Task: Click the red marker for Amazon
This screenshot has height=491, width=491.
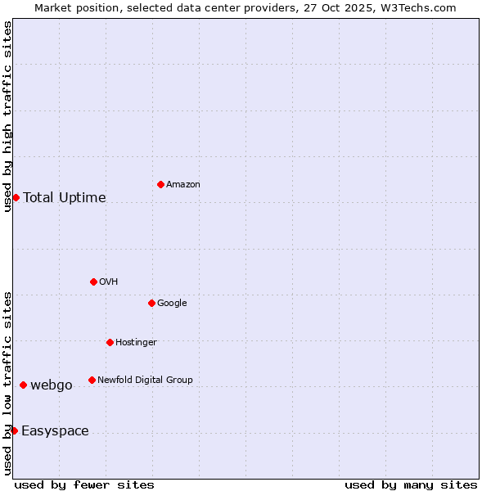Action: point(160,184)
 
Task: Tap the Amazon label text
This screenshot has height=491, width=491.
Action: point(183,185)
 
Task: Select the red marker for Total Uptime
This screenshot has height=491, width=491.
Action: point(16,197)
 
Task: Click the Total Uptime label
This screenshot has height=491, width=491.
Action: point(65,197)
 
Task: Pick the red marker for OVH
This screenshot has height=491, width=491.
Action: point(93,282)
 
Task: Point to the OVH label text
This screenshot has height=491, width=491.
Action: point(109,282)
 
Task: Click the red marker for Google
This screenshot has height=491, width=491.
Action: point(151,303)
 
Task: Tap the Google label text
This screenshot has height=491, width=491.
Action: point(172,304)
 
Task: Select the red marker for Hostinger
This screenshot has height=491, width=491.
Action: point(110,342)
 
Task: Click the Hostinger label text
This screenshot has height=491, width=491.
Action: point(136,343)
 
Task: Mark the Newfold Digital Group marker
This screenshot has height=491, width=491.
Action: point(92,380)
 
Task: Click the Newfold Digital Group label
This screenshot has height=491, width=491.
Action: point(145,381)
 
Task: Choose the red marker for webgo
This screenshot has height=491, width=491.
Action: point(23,385)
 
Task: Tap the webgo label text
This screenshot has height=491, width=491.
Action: point(52,385)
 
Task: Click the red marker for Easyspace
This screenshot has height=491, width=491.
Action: point(14,430)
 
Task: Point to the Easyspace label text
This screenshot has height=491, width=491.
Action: point(55,431)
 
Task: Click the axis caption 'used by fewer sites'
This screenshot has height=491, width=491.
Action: point(84,484)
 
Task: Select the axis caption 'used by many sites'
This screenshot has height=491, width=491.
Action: point(411,484)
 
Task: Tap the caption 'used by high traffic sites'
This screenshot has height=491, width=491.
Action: point(8,116)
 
